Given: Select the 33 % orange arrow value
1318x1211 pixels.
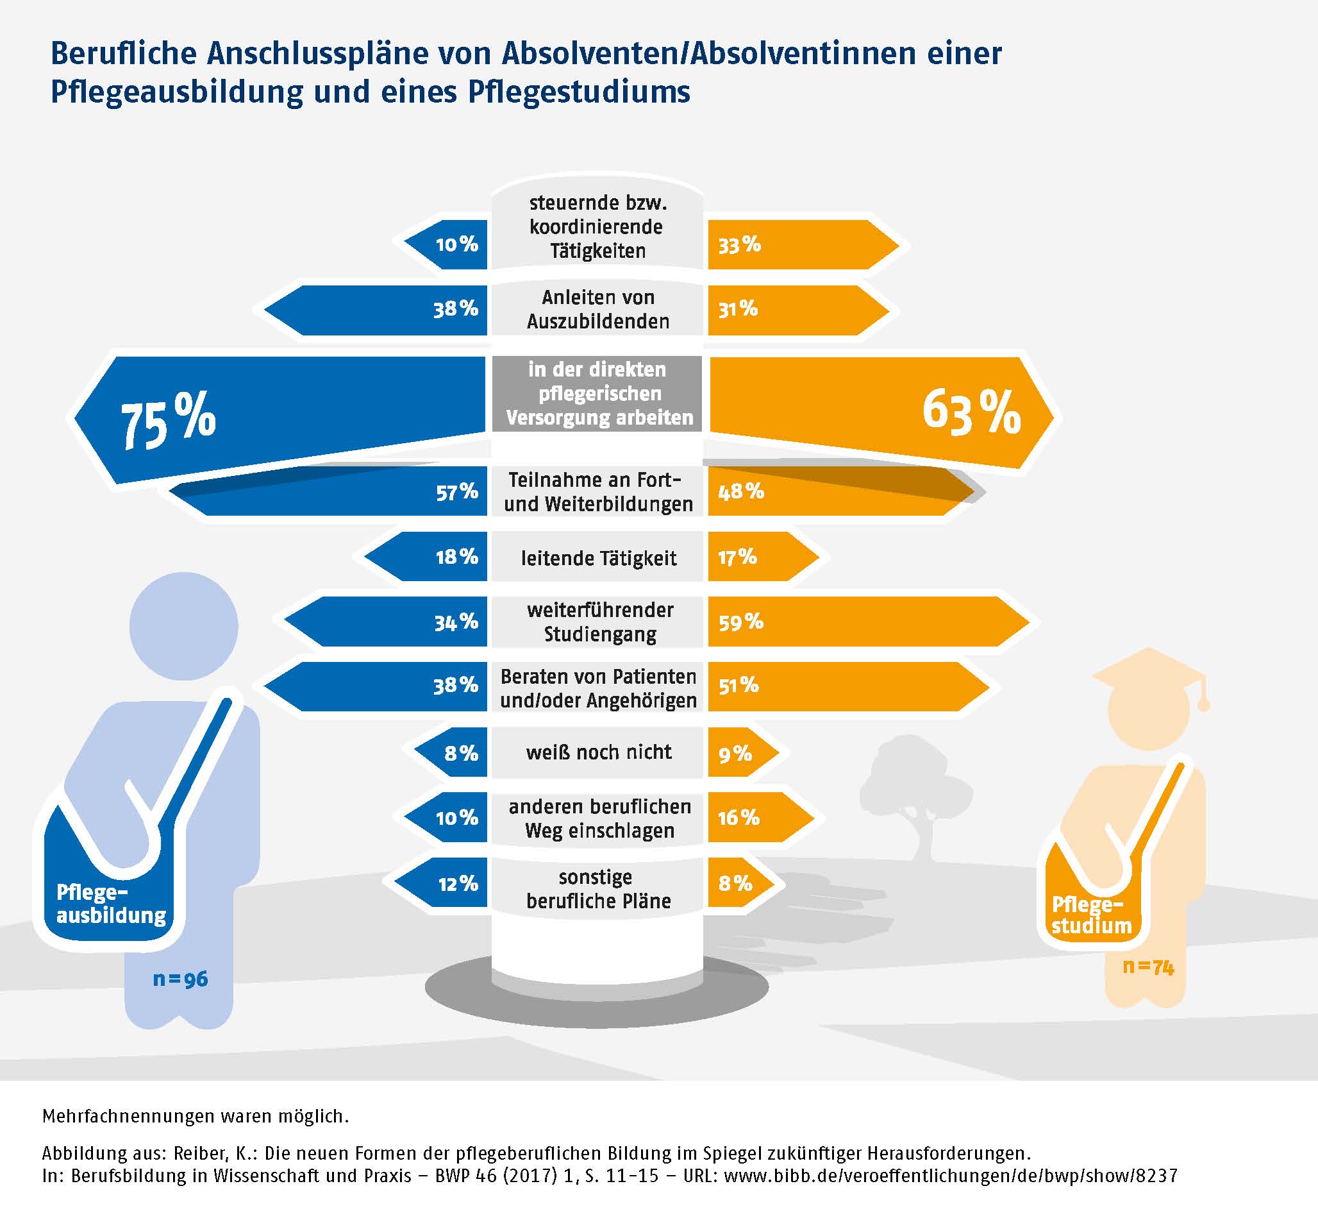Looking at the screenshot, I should (740, 245).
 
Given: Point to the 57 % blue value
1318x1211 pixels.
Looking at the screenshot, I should (456, 491).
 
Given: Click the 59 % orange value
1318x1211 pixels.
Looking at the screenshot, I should (741, 622).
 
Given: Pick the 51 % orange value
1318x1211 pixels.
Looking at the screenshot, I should (738, 686).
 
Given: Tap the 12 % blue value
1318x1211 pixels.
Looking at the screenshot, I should (458, 883).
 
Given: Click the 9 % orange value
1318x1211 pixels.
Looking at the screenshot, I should (735, 754).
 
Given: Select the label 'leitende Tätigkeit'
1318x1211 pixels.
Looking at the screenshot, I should (599, 558).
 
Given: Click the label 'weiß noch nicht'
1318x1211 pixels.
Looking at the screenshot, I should (599, 752).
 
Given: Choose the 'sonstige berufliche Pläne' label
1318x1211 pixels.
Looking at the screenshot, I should (599, 888).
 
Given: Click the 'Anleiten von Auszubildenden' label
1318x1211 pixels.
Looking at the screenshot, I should (598, 309).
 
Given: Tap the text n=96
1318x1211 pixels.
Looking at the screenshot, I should (180, 979).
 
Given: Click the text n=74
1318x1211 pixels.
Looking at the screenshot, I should (1147, 967).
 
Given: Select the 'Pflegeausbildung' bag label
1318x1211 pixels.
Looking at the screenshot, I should (112, 904).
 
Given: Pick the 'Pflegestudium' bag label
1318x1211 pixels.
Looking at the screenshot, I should (1091, 915).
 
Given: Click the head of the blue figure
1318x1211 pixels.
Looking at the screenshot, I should (183, 626).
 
